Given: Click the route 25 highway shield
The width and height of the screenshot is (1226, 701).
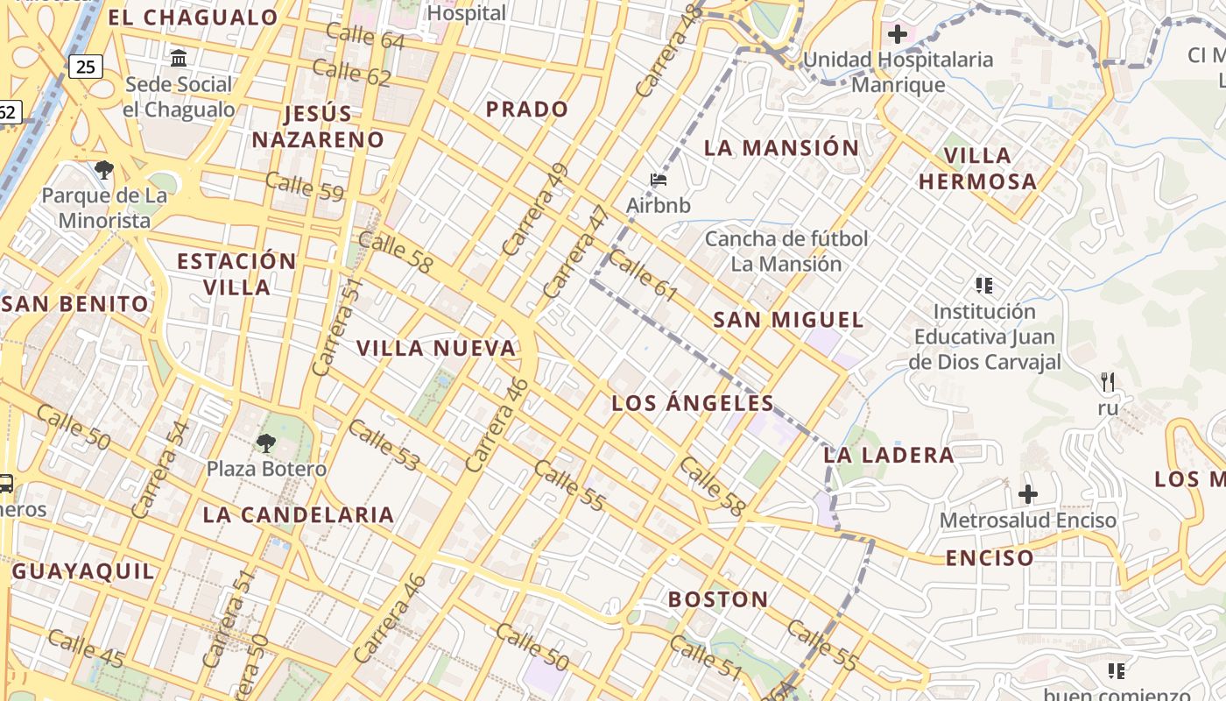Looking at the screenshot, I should point(85,67).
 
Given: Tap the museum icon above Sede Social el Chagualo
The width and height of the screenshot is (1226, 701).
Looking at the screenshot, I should point(179,59).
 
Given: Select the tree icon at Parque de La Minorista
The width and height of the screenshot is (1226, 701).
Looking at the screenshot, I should point(103,169).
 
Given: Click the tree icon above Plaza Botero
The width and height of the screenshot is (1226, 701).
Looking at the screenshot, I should point(265,443).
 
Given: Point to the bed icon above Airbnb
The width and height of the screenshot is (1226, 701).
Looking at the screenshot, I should point(659,181).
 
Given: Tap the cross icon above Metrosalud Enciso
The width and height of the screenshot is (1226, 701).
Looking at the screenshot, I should point(1027,494).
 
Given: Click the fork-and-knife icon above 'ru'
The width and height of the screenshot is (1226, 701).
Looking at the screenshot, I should point(1108,381).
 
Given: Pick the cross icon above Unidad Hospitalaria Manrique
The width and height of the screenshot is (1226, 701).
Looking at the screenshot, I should point(897,34).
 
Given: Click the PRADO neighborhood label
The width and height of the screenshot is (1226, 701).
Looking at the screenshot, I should point(527,110).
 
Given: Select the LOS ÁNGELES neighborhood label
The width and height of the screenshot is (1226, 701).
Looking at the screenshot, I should point(693,403).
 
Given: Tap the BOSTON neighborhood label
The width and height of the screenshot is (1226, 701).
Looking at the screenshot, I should point(718,599).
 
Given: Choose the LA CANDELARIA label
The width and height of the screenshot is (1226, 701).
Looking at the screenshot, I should point(299,514).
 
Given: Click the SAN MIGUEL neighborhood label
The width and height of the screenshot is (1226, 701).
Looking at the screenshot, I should point(788,320).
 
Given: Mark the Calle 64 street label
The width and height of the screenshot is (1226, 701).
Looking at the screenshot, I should point(364,36).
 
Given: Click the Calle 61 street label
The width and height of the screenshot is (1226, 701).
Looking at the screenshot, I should point(643,275).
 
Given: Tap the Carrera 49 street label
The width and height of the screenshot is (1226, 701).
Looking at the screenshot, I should point(536,209).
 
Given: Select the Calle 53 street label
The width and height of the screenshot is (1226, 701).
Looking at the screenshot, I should point(384,445).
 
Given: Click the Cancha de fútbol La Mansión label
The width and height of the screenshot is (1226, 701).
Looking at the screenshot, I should point(786,251).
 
